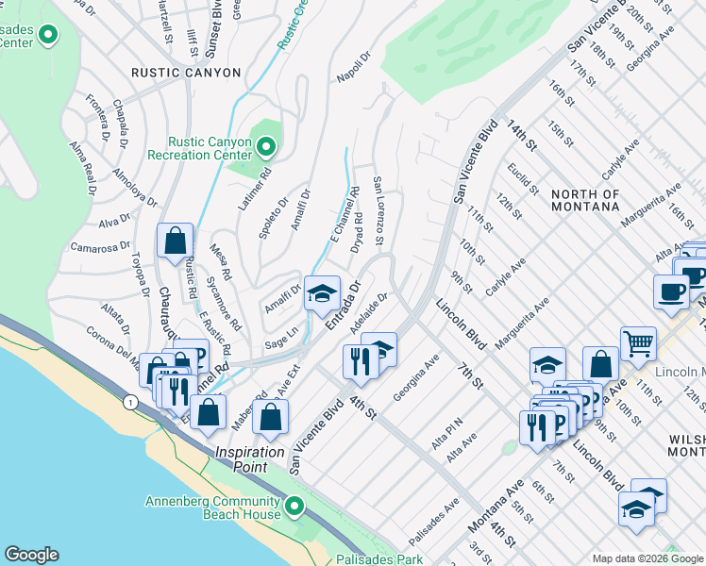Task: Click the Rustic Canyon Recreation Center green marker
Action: pos(265,146)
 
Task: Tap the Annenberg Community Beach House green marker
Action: pos(294,508)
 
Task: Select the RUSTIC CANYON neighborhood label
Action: pos(186,73)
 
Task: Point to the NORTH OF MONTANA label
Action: pos(585,201)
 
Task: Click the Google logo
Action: pos(31,555)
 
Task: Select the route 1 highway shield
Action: pos(129,402)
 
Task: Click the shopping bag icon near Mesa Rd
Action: pos(176,241)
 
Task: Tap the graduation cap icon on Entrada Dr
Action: pos(322,294)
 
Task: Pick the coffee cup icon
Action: pos(670,291)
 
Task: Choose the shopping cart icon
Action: pos(638,344)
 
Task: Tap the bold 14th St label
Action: pos(520,136)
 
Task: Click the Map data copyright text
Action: pos(647,558)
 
